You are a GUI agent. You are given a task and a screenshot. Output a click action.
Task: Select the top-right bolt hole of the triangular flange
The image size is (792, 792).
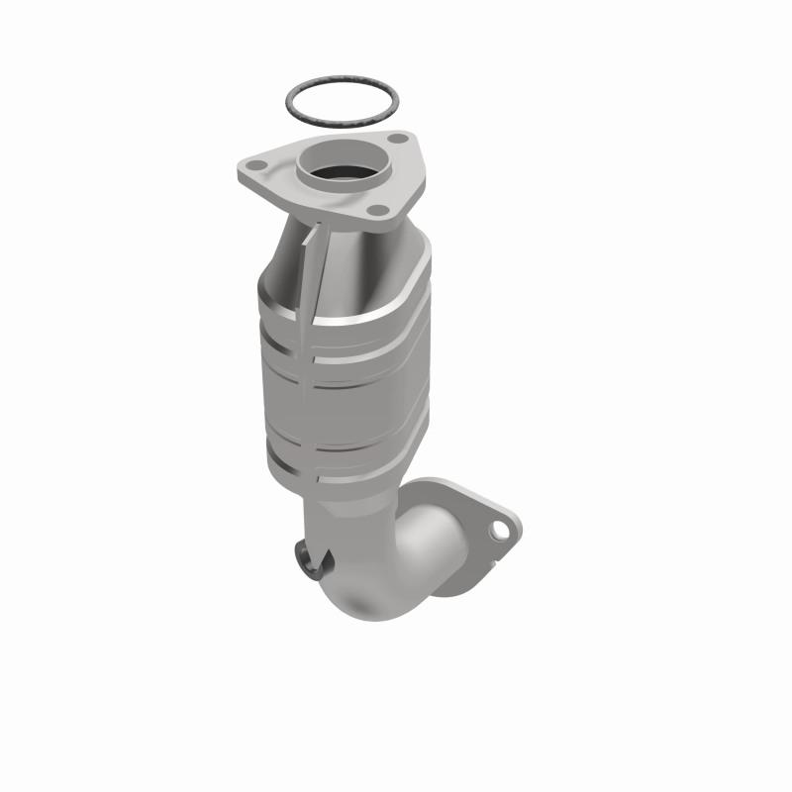pos(396,140)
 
